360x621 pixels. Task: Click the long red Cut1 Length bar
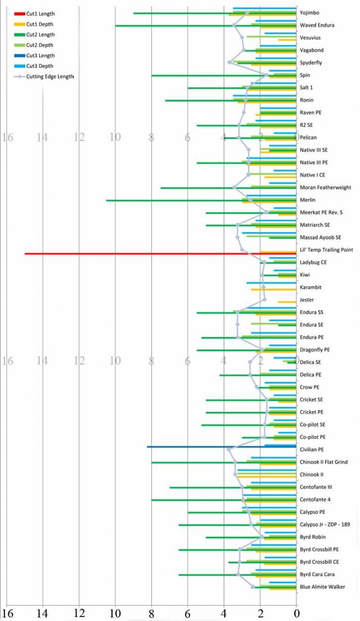point(161,253)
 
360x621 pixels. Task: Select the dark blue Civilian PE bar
point(222,446)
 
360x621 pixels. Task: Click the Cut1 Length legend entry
point(34,13)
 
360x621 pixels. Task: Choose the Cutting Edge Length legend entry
point(44,76)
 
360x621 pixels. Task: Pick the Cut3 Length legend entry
point(34,56)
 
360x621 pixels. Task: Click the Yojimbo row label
point(309,13)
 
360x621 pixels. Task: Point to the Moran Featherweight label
point(325,187)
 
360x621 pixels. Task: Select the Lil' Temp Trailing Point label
point(326,250)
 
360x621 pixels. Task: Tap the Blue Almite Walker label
point(322,587)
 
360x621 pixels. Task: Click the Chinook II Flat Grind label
point(324,462)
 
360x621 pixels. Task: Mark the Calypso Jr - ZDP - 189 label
point(325,524)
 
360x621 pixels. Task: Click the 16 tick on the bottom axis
point(8,613)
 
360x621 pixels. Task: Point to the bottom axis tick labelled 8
point(151,613)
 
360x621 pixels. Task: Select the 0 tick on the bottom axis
point(297,613)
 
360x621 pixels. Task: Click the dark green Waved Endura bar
point(206,25)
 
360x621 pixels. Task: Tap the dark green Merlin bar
point(201,200)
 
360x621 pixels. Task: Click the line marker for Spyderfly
point(229,62)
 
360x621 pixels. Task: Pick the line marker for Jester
point(264,300)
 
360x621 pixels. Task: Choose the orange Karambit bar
point(274,290)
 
